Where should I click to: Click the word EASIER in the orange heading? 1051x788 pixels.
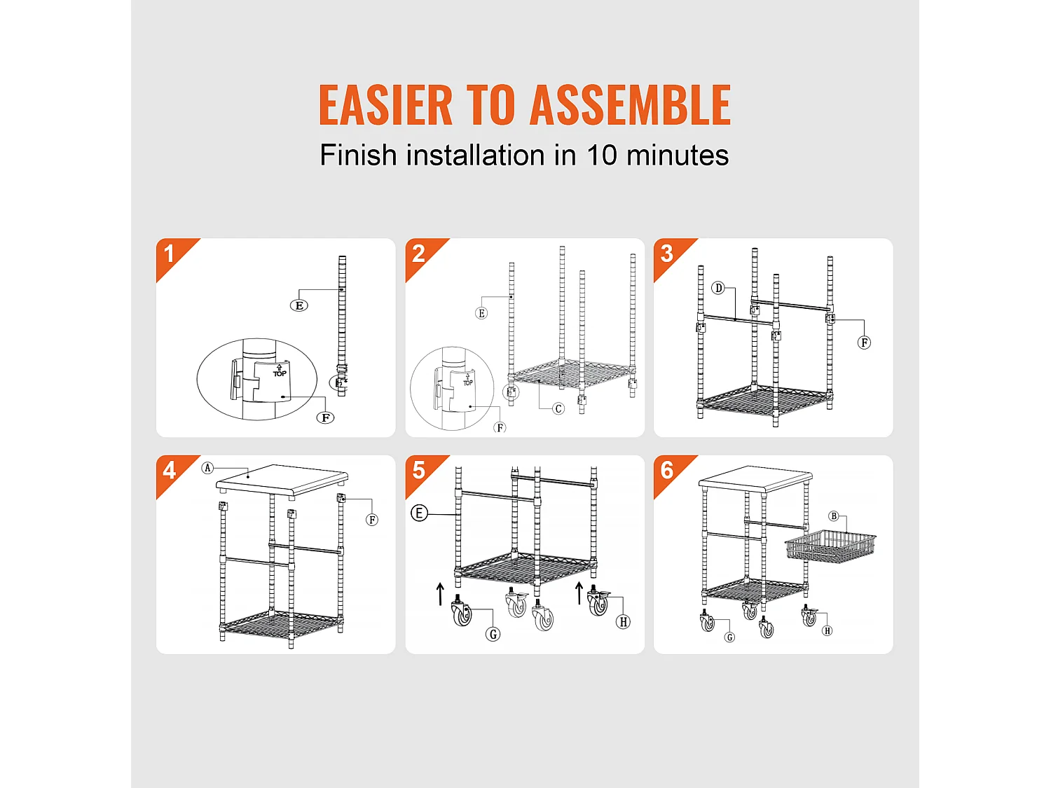tap(386, 105)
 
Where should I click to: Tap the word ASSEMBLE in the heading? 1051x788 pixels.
tap(630, 105)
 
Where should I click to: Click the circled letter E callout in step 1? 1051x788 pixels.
tap(299, 305)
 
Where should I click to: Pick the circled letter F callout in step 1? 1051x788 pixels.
tap(326, 417)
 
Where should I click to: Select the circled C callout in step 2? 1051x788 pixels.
tap(558, 408)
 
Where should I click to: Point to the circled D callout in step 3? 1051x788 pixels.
tap(717, 288)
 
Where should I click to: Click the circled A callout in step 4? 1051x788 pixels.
tap(207, 468)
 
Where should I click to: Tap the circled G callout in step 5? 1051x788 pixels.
tap(493, 635)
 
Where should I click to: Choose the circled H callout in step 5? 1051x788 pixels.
tap(623, 622)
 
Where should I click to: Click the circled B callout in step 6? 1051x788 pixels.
tap(834, 516)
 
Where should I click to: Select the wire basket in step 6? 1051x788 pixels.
tap(830, 547)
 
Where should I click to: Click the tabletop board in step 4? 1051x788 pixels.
tap(282, 481)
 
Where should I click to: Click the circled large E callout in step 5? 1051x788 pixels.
tap(420, 514)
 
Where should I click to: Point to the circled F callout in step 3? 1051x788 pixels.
tap(864, 343)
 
